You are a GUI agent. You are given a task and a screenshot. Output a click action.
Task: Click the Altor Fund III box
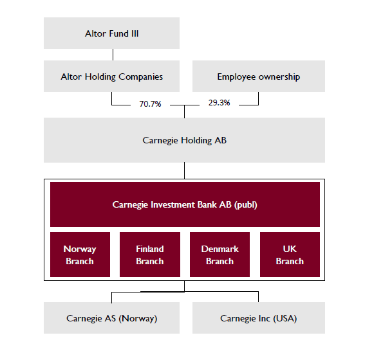(x=111, y=33)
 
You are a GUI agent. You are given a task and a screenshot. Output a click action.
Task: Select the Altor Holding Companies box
(x=111, y=76)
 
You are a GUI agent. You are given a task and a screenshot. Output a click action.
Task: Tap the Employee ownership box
(x=259, y=76)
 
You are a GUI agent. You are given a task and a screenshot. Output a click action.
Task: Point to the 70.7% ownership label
(x=150, y=104)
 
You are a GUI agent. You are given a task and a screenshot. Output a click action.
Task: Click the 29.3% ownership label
(x=220, y=103)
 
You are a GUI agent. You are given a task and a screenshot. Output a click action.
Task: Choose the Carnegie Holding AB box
(x=184, y=140)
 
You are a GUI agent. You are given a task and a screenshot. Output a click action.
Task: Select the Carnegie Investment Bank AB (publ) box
(x=185, y=204)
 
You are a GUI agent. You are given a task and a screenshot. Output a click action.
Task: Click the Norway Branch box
(x=80, y=255)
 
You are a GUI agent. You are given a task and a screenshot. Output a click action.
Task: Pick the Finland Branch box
(x=150, y=255)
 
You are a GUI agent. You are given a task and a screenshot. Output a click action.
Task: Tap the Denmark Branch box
(x=220, y=255)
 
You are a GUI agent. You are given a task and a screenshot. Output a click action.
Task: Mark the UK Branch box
(x=290, y=255)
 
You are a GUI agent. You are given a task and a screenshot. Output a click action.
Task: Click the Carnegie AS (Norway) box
(x=111, y=318)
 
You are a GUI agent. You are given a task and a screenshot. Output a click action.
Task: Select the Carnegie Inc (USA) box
(x=259, y=318)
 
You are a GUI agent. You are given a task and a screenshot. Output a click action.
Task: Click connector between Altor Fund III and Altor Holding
(x=113, y=55)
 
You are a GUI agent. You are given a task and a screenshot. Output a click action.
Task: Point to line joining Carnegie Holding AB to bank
(x=184, y=170)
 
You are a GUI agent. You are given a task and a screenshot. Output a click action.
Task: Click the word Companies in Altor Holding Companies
(x=141, y=77)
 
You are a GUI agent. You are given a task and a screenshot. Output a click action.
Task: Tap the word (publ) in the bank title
(x=246, y=205)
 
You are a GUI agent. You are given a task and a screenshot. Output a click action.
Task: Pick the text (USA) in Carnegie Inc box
(x=285, y=319)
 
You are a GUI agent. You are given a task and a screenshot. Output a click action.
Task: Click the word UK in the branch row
(x=290, y=249)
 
